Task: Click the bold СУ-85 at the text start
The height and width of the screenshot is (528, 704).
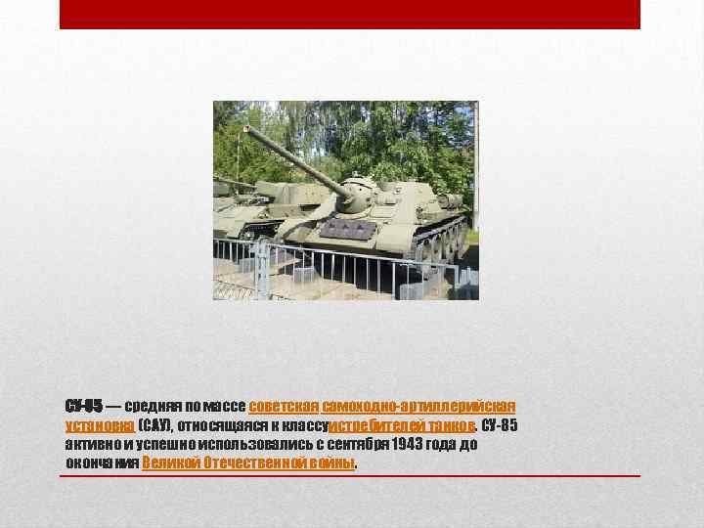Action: pyautogui.click(x=83, y=406)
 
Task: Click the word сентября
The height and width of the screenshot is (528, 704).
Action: pyautogui.click(x=358, y=444)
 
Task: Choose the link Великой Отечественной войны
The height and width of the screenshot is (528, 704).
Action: pyautogui.click(x=249, y=462)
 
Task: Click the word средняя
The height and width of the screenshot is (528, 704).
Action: pyautogui.click(x=153, y=406)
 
